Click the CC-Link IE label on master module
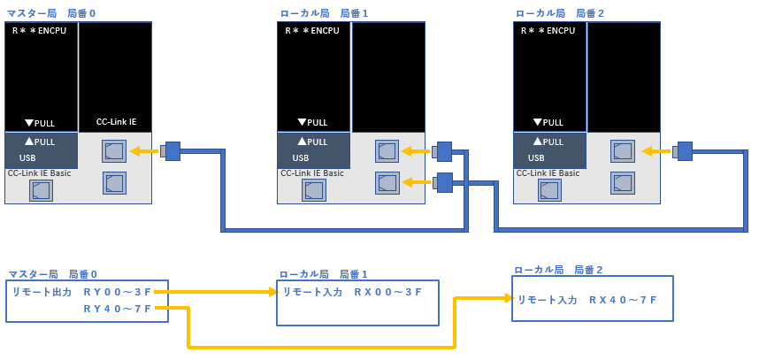116,122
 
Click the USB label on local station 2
537,158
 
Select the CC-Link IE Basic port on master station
41,191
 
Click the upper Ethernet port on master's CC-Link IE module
113,151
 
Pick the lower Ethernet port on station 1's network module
387,183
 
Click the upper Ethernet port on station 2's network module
623,151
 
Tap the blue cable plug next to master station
171,151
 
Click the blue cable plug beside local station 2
683,151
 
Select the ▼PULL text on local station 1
313,122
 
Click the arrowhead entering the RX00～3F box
273,291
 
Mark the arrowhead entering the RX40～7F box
508,299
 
